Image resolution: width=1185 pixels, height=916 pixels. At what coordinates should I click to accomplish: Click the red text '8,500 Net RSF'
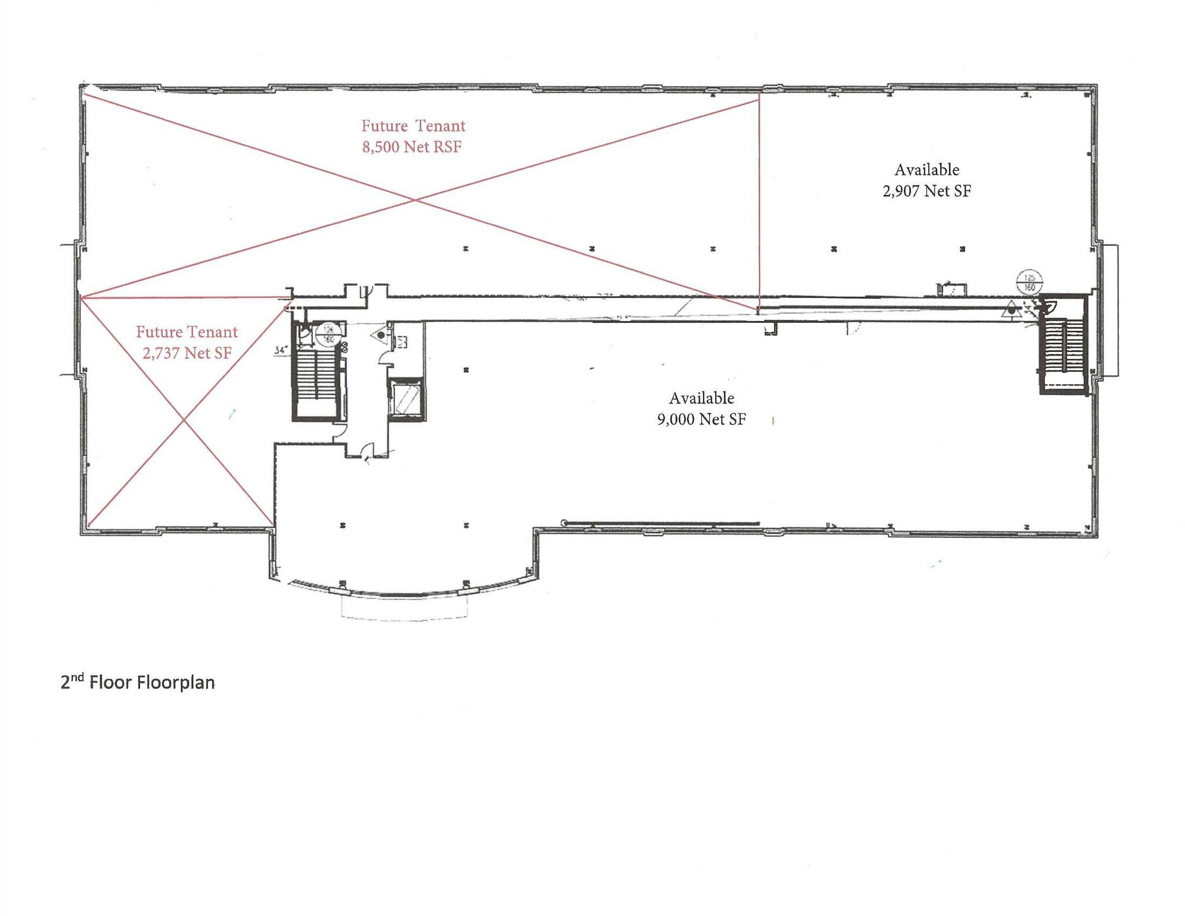click(412, 147)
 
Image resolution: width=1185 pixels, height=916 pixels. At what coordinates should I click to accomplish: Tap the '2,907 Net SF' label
click(926, 191)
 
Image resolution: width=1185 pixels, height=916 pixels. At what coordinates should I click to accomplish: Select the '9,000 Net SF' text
click(701, 419)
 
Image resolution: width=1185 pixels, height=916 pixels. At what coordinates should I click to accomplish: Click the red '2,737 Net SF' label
click(187, 353)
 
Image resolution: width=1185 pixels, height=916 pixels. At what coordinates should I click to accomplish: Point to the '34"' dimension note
click(281, 350)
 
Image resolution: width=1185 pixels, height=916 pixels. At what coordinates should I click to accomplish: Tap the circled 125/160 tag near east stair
click(1029, 283)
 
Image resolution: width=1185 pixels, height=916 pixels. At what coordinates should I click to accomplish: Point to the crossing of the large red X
click(415, 200)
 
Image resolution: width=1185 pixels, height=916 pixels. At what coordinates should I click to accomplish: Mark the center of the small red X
click(184, 420)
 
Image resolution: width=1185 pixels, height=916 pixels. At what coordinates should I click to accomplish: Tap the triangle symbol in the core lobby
click(380, 335)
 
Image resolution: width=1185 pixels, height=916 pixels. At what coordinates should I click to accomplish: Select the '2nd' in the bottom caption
click(72, 681)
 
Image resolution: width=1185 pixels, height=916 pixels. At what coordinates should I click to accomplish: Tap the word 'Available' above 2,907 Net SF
click(926, 170)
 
